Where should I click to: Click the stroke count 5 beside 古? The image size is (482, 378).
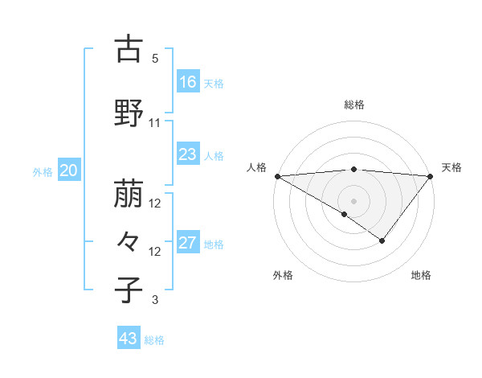point(155,59)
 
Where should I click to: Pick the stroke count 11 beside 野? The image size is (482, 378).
point(155,123)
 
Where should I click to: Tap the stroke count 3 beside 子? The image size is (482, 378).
point(155,300)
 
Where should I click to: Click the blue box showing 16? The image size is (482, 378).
point(188,81)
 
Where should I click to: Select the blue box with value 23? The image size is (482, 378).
point(188,154)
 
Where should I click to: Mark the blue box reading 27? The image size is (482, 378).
point(188,243)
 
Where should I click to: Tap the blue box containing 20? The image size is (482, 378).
point(69,170)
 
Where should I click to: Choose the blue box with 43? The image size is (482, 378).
point(129,339)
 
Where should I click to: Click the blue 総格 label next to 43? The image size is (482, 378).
point(155,340)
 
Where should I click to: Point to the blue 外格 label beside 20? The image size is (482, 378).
point(43,171)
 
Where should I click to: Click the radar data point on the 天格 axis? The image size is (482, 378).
point(431,175)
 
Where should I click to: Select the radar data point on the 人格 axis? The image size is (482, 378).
point(277,175)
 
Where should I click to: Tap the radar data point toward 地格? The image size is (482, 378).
point(382,240)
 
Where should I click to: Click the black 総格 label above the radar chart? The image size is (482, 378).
point(354,105)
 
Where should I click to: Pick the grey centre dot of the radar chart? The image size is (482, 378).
point(353,200)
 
